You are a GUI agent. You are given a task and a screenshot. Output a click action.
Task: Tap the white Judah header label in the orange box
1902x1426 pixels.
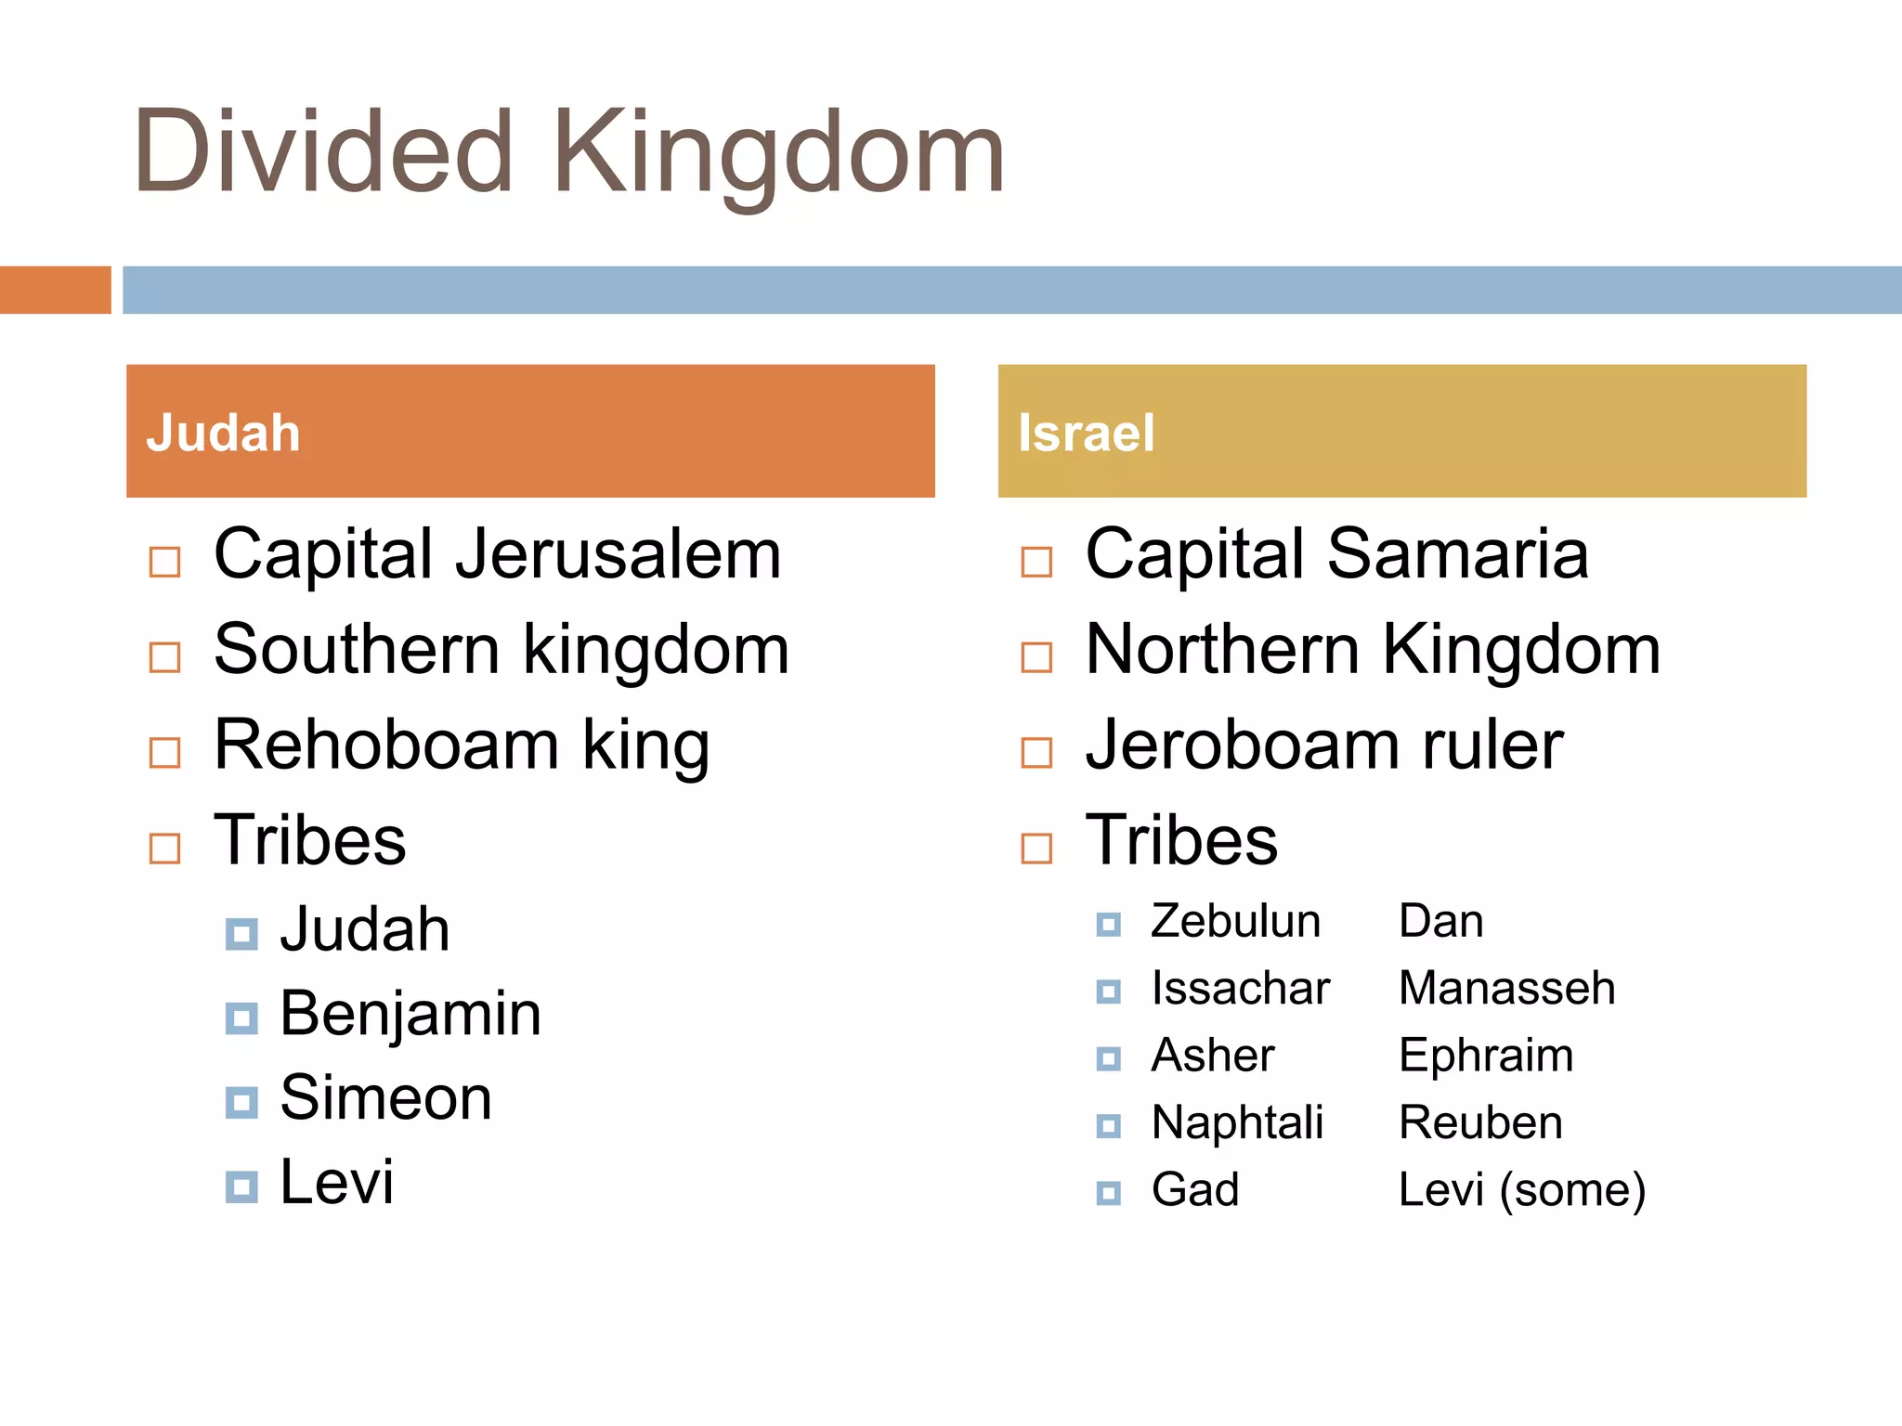coord(223,434)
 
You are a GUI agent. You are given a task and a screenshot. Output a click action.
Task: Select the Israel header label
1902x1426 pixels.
coord(1086,434)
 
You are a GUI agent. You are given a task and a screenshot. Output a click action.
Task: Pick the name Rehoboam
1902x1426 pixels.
coord(386,745)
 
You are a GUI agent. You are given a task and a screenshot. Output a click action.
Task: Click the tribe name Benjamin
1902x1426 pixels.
coord(410,1014)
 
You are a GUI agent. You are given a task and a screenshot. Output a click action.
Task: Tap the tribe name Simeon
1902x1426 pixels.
coord(385,1098)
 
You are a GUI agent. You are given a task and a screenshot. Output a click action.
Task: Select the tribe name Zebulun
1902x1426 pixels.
coord(1235,922)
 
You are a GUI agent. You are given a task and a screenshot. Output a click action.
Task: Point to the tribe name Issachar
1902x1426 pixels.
coord(1241,989)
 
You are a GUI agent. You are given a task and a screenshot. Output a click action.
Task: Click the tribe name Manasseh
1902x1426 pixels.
coord(1506,989)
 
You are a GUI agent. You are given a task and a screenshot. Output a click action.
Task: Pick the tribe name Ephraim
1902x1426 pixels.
coord(1486,1057)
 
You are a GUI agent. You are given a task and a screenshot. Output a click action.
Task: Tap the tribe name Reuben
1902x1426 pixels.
coord(1480,1123)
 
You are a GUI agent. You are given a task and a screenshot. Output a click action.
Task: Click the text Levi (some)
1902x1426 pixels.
coord(1521,1190)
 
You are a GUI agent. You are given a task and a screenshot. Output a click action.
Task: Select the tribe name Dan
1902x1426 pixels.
coord(1440,922)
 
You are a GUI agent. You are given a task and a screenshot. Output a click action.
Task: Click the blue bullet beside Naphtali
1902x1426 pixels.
coord(1109,1126)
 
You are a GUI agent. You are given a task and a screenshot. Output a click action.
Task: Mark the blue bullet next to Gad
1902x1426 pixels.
coord(1109,1193)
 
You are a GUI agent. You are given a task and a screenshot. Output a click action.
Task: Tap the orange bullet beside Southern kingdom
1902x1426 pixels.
coord(165,657)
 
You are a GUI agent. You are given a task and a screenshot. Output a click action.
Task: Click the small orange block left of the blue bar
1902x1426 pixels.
coord(55,290)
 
